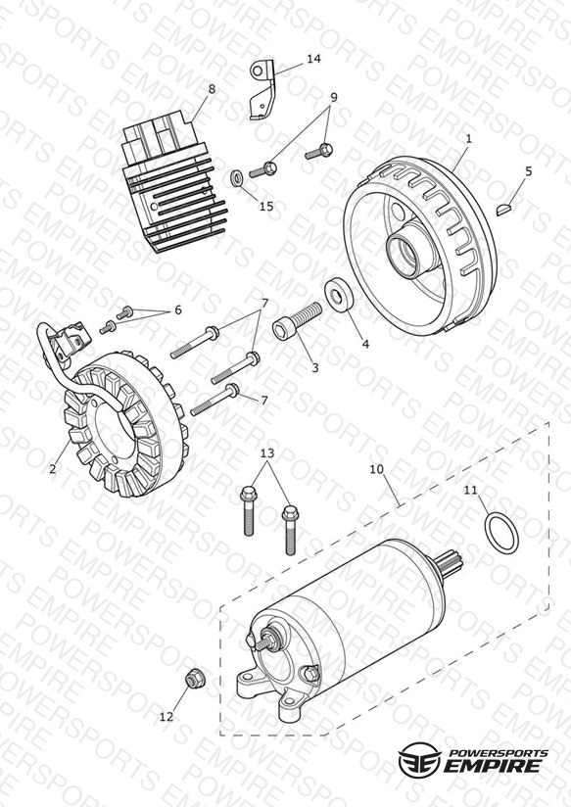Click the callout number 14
tap(313, 59)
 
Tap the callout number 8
tap(212, 89)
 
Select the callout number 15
tap(266, 207)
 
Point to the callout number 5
tap(529, 171)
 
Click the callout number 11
tap(470, 490)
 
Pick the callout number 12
tap(167, 717)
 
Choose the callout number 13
tap(267, 453)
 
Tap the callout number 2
tap(53, 469)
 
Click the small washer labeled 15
tap(237, 179)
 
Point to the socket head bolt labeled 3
tap(297, 320)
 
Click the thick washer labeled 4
tap(340, 295)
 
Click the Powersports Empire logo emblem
tap(420, 759)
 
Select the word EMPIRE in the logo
tap(494, 765)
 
